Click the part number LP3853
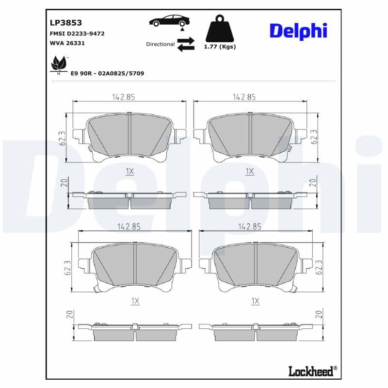65,22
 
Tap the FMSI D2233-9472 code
77,33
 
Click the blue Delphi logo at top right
298,31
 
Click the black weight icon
220,29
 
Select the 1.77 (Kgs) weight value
220,47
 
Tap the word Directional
160,44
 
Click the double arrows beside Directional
186,44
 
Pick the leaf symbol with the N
59,65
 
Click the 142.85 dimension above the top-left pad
123,97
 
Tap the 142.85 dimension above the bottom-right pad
250,226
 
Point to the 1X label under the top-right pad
250,171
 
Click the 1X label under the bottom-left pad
135,301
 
